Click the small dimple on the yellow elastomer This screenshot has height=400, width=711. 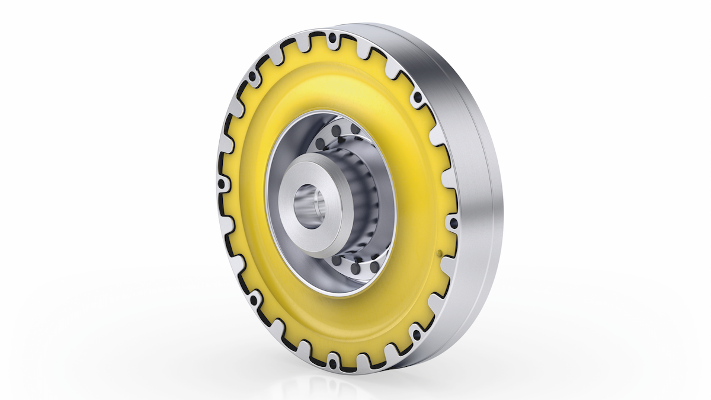click(439, 254)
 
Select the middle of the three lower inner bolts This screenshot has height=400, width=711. click(355, 268)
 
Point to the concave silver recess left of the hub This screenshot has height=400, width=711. click(278, 178)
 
